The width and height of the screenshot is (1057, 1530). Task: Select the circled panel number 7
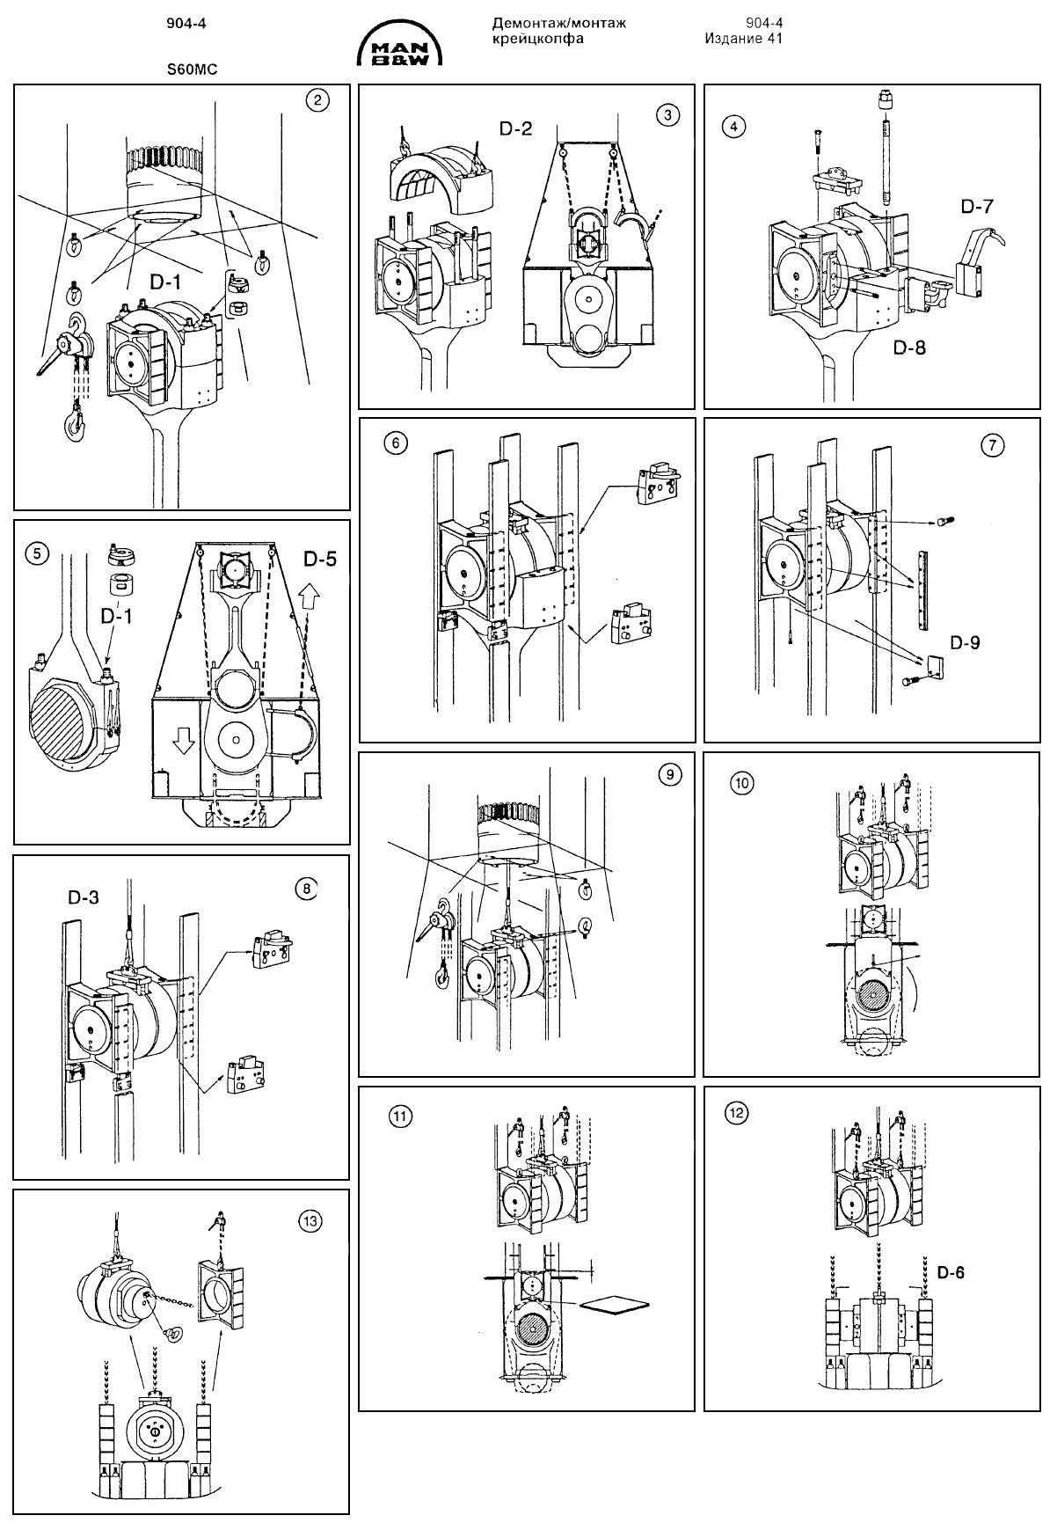(991, 446)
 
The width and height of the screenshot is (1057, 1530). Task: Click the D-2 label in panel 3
(516, 129)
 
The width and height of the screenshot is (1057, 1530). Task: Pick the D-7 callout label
(977, 208)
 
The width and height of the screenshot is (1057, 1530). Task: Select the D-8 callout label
(909, 347)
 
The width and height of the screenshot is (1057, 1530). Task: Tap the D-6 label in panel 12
(951, 1272)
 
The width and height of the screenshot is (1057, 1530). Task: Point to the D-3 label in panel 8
(84, 897)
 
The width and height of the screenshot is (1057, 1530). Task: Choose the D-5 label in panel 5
(322, 559)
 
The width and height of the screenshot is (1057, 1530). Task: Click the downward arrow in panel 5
(182, 743)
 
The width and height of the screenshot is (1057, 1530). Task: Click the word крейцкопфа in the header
(537, 39)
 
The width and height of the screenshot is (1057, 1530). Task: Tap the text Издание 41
(743, 39)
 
